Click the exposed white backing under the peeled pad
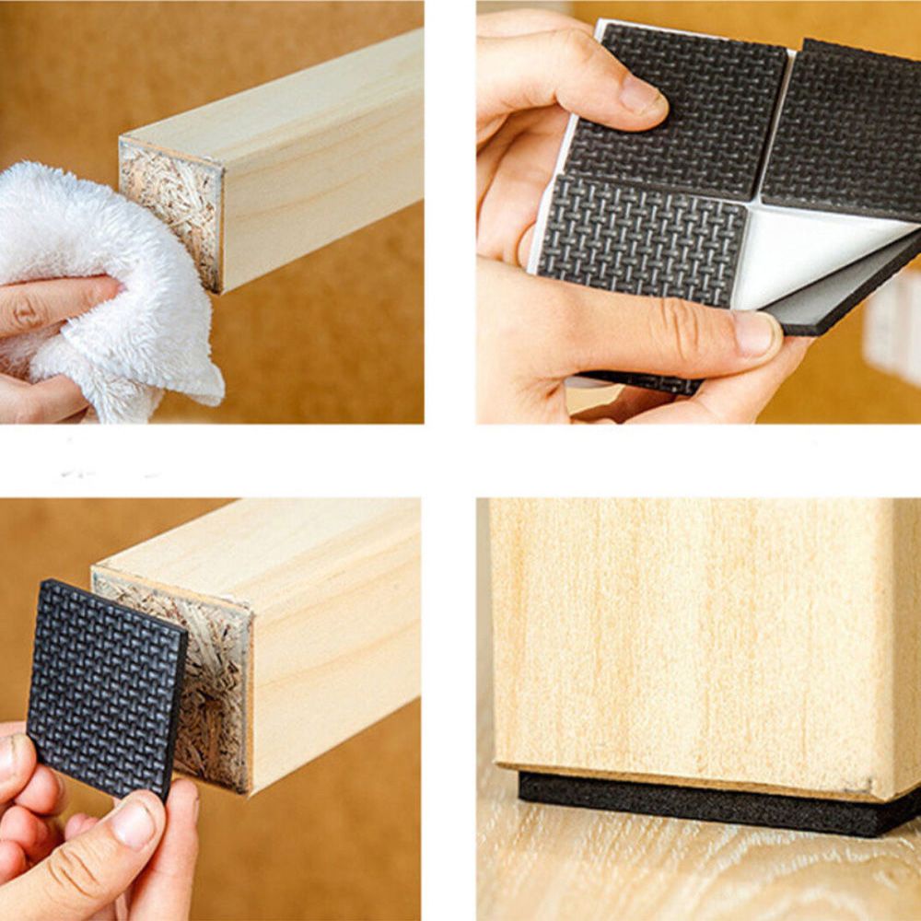810,262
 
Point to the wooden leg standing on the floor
700,645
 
